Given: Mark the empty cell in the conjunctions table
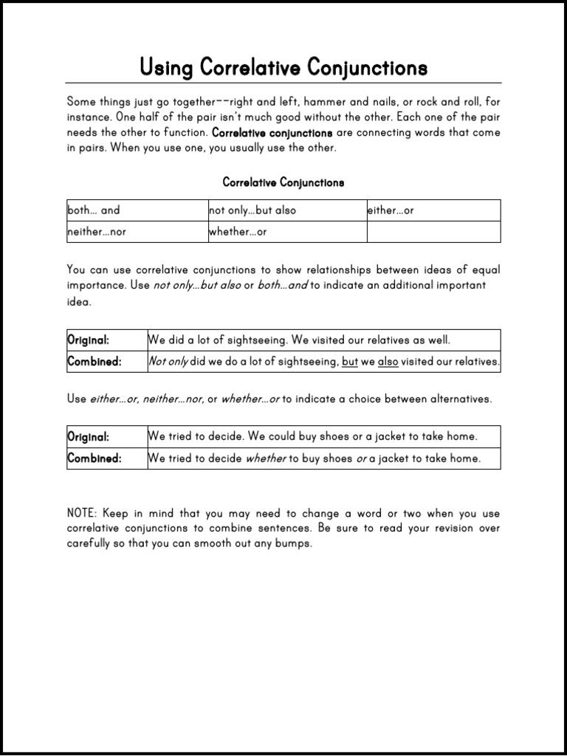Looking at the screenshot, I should coord(433,232).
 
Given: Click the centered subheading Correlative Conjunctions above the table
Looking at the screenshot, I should coord(283,182).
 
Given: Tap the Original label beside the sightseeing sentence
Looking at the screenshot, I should coord(89,340).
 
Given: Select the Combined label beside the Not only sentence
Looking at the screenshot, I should coord(94,362).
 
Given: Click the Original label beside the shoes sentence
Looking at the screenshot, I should coord(89,436).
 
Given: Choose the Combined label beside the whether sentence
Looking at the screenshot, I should coord(94,458).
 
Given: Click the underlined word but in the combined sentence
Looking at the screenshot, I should coord(350,362).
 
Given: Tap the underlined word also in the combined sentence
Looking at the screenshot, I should coord(388,362).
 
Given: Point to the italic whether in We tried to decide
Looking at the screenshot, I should coord(265,458).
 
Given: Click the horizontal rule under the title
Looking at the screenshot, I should coord(283,83).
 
